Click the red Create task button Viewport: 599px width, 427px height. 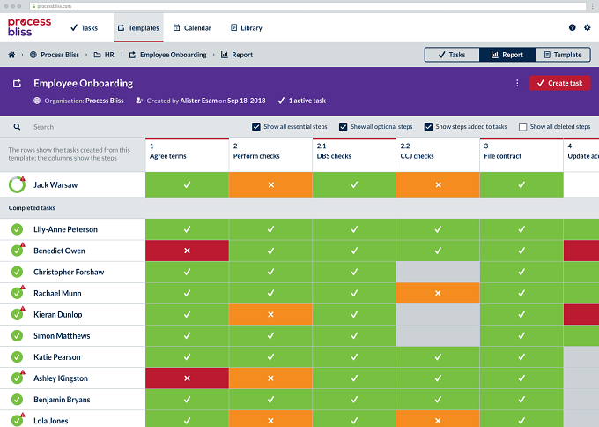coord(559,83)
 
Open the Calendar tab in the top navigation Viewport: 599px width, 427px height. coord(192,28)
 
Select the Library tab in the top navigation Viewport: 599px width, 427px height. coord(247,28)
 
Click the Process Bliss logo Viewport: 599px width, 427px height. coord(29,27)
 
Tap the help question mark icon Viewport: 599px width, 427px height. coord(572,27)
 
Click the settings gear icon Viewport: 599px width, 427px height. coord(588,27)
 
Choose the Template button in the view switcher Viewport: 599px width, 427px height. coord(563,55)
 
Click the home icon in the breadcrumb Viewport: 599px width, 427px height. coord(11,55)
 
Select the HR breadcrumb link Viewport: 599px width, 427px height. coord(104,55)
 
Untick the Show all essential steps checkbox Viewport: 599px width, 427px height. coord(256,127)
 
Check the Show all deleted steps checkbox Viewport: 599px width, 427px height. coord(522,127)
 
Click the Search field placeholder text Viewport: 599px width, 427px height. coord(43,127)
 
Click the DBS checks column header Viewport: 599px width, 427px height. coord(354,155)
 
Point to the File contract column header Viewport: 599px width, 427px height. coord(521,155)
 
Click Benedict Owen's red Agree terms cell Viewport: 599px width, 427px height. coord(187,251)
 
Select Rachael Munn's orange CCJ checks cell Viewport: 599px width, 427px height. coord(438,293)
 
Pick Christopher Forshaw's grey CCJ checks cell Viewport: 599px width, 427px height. coord(438,272)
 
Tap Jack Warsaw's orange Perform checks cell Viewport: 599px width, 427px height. coord(270,184)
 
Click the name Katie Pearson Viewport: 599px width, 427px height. coord(57,357)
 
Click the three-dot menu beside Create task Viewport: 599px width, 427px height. coord(517,83)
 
